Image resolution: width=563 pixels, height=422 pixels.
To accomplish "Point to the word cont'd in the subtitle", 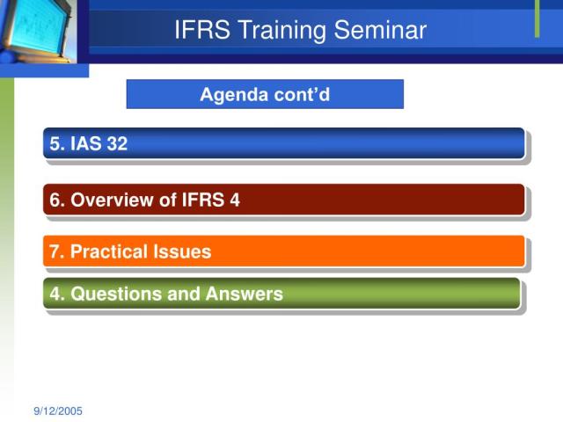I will click(x=300, y=94).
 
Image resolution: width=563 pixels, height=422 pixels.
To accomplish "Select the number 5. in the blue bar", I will click(x=57, y=144).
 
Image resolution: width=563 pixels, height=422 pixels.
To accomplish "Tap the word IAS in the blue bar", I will click(x=85, y=144).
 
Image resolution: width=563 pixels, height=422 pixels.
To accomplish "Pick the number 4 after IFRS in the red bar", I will click(x=235, y=200).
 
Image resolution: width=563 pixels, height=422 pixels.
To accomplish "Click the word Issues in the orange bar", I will click(x=183, y=252).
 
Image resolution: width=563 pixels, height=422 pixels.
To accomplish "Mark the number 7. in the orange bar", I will click(x=57, y=252).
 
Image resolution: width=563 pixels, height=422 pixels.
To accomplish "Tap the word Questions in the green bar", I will click(x=112, y=294).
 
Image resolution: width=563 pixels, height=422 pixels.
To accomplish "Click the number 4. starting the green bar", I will click(x=57, y=294).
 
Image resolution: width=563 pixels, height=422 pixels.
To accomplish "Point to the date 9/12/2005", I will click(x=59, y=411).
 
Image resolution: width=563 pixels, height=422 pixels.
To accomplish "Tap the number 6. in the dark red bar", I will click(x=57, y=200).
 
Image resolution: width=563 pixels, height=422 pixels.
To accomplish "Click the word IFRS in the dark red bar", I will click(x=203, y=200).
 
